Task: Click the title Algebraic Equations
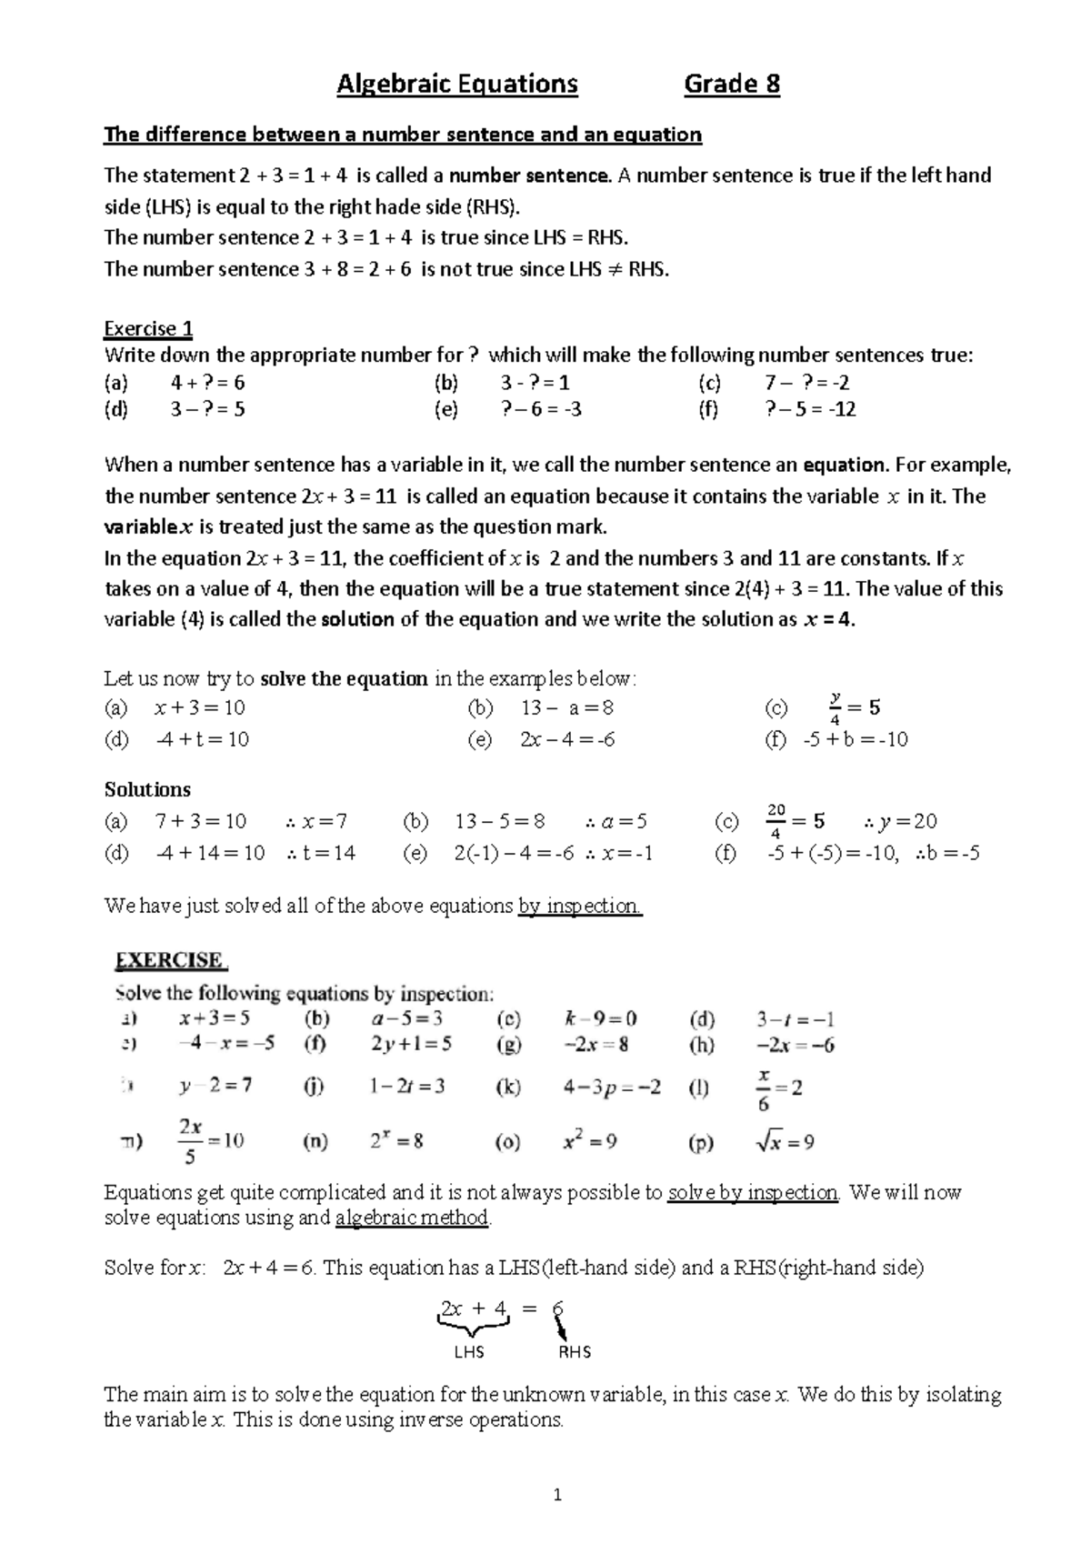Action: pyautogui.click(x=457, y=85)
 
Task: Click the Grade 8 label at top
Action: pyautogui.click(x=732, y=85)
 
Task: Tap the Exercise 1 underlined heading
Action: pyautogui.click(x=148, y=328)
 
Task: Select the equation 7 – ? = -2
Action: pyautogui.click(x=808, y=383)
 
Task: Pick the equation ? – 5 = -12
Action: pyautogui.click(x=811, y=409)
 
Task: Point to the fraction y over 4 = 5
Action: pyautogui.click(x=854, y=708)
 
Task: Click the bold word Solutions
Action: pyautogui.click(x=147, y=789)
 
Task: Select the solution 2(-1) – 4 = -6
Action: pyautogui.click(x=514, y=853)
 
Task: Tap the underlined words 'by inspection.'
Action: pyautogui.click(x=580, y=906)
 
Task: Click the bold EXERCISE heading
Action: pyautogui.click(x=170, y=960)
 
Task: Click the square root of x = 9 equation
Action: pyautogui.click(x=785, y=1142)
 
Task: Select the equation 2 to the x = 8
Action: pyautogui.click(x=396, y=1141)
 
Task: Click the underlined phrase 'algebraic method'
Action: pyautogui.click(x=412, y=1218)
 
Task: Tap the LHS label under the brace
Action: pyautogui.click(x=469, y=1352)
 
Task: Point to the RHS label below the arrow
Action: pyautogui.click(x=575, y=1352)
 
